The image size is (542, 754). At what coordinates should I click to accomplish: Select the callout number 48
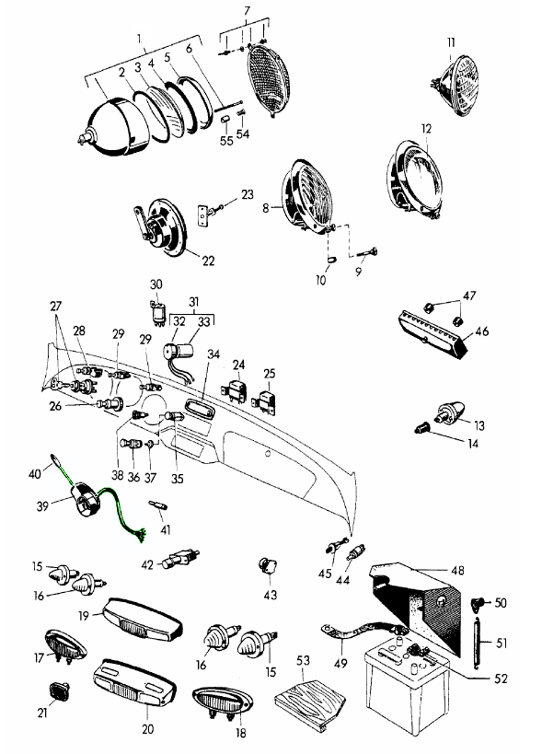458,570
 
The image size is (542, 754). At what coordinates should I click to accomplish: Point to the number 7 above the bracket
247,10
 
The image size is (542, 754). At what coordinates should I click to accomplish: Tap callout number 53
303,660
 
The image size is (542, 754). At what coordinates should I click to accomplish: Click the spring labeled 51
478,642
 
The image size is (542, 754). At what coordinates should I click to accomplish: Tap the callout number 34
213,354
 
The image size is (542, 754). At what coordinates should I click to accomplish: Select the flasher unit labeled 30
157,313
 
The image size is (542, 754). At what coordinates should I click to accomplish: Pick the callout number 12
426,129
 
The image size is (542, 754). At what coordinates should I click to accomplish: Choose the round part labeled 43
268,566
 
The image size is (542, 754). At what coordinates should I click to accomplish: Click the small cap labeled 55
225,119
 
